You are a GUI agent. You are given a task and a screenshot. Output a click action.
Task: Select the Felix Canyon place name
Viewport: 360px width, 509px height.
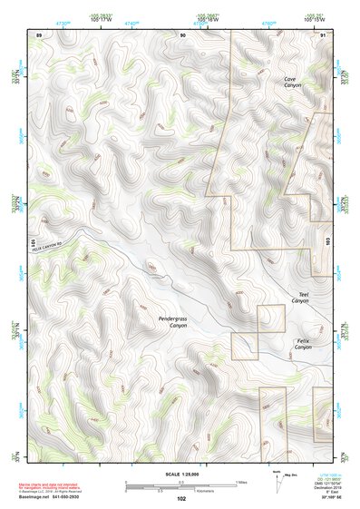coord(303,344)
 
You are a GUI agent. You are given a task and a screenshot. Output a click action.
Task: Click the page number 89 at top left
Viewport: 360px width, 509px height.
coord(39,34)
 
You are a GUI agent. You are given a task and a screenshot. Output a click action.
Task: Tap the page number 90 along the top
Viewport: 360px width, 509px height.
coord(182,34)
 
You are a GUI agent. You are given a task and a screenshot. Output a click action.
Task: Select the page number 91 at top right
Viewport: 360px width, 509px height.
coord(324,34)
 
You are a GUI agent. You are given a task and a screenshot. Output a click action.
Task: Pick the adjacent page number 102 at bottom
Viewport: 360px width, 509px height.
coord(181,498)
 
